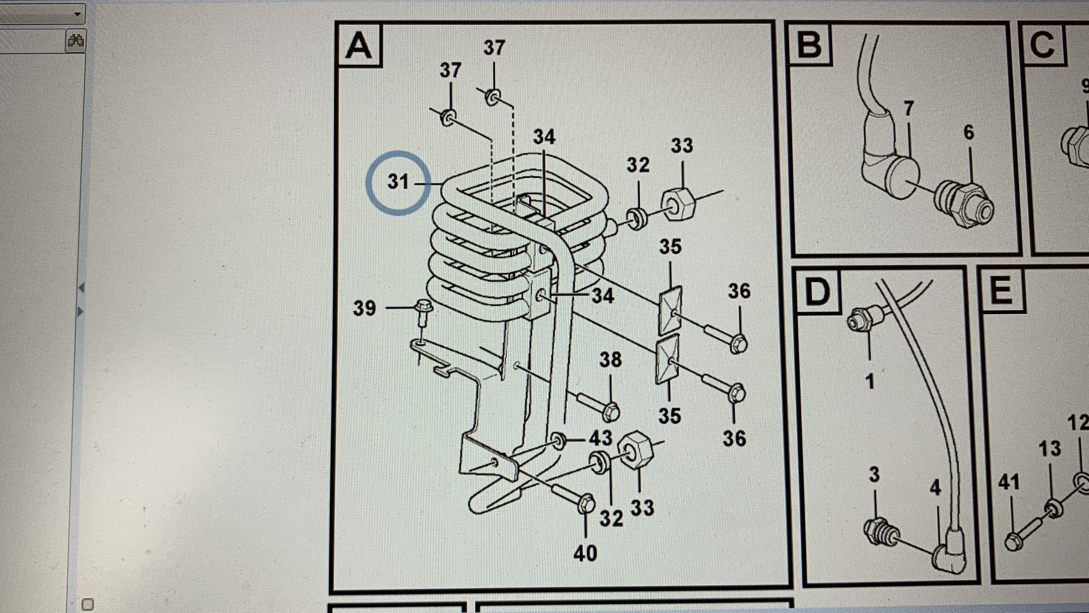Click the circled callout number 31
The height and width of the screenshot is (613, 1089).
click(398, 182)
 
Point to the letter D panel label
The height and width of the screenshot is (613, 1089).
click(817, 293)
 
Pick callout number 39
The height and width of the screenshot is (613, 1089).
click(365, 308)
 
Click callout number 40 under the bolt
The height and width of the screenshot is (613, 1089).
click(585, 553)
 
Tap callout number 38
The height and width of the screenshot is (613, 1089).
click(610, 360)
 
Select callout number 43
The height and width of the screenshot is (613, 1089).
click(600, 438)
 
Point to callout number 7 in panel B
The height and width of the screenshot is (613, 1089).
click(908, 109)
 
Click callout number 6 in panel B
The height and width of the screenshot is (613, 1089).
click(969, 132)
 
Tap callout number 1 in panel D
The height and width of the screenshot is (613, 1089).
click(870, 381)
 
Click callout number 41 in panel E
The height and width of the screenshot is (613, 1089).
click(1009, 483)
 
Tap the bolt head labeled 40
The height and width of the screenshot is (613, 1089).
click(586, 505)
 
